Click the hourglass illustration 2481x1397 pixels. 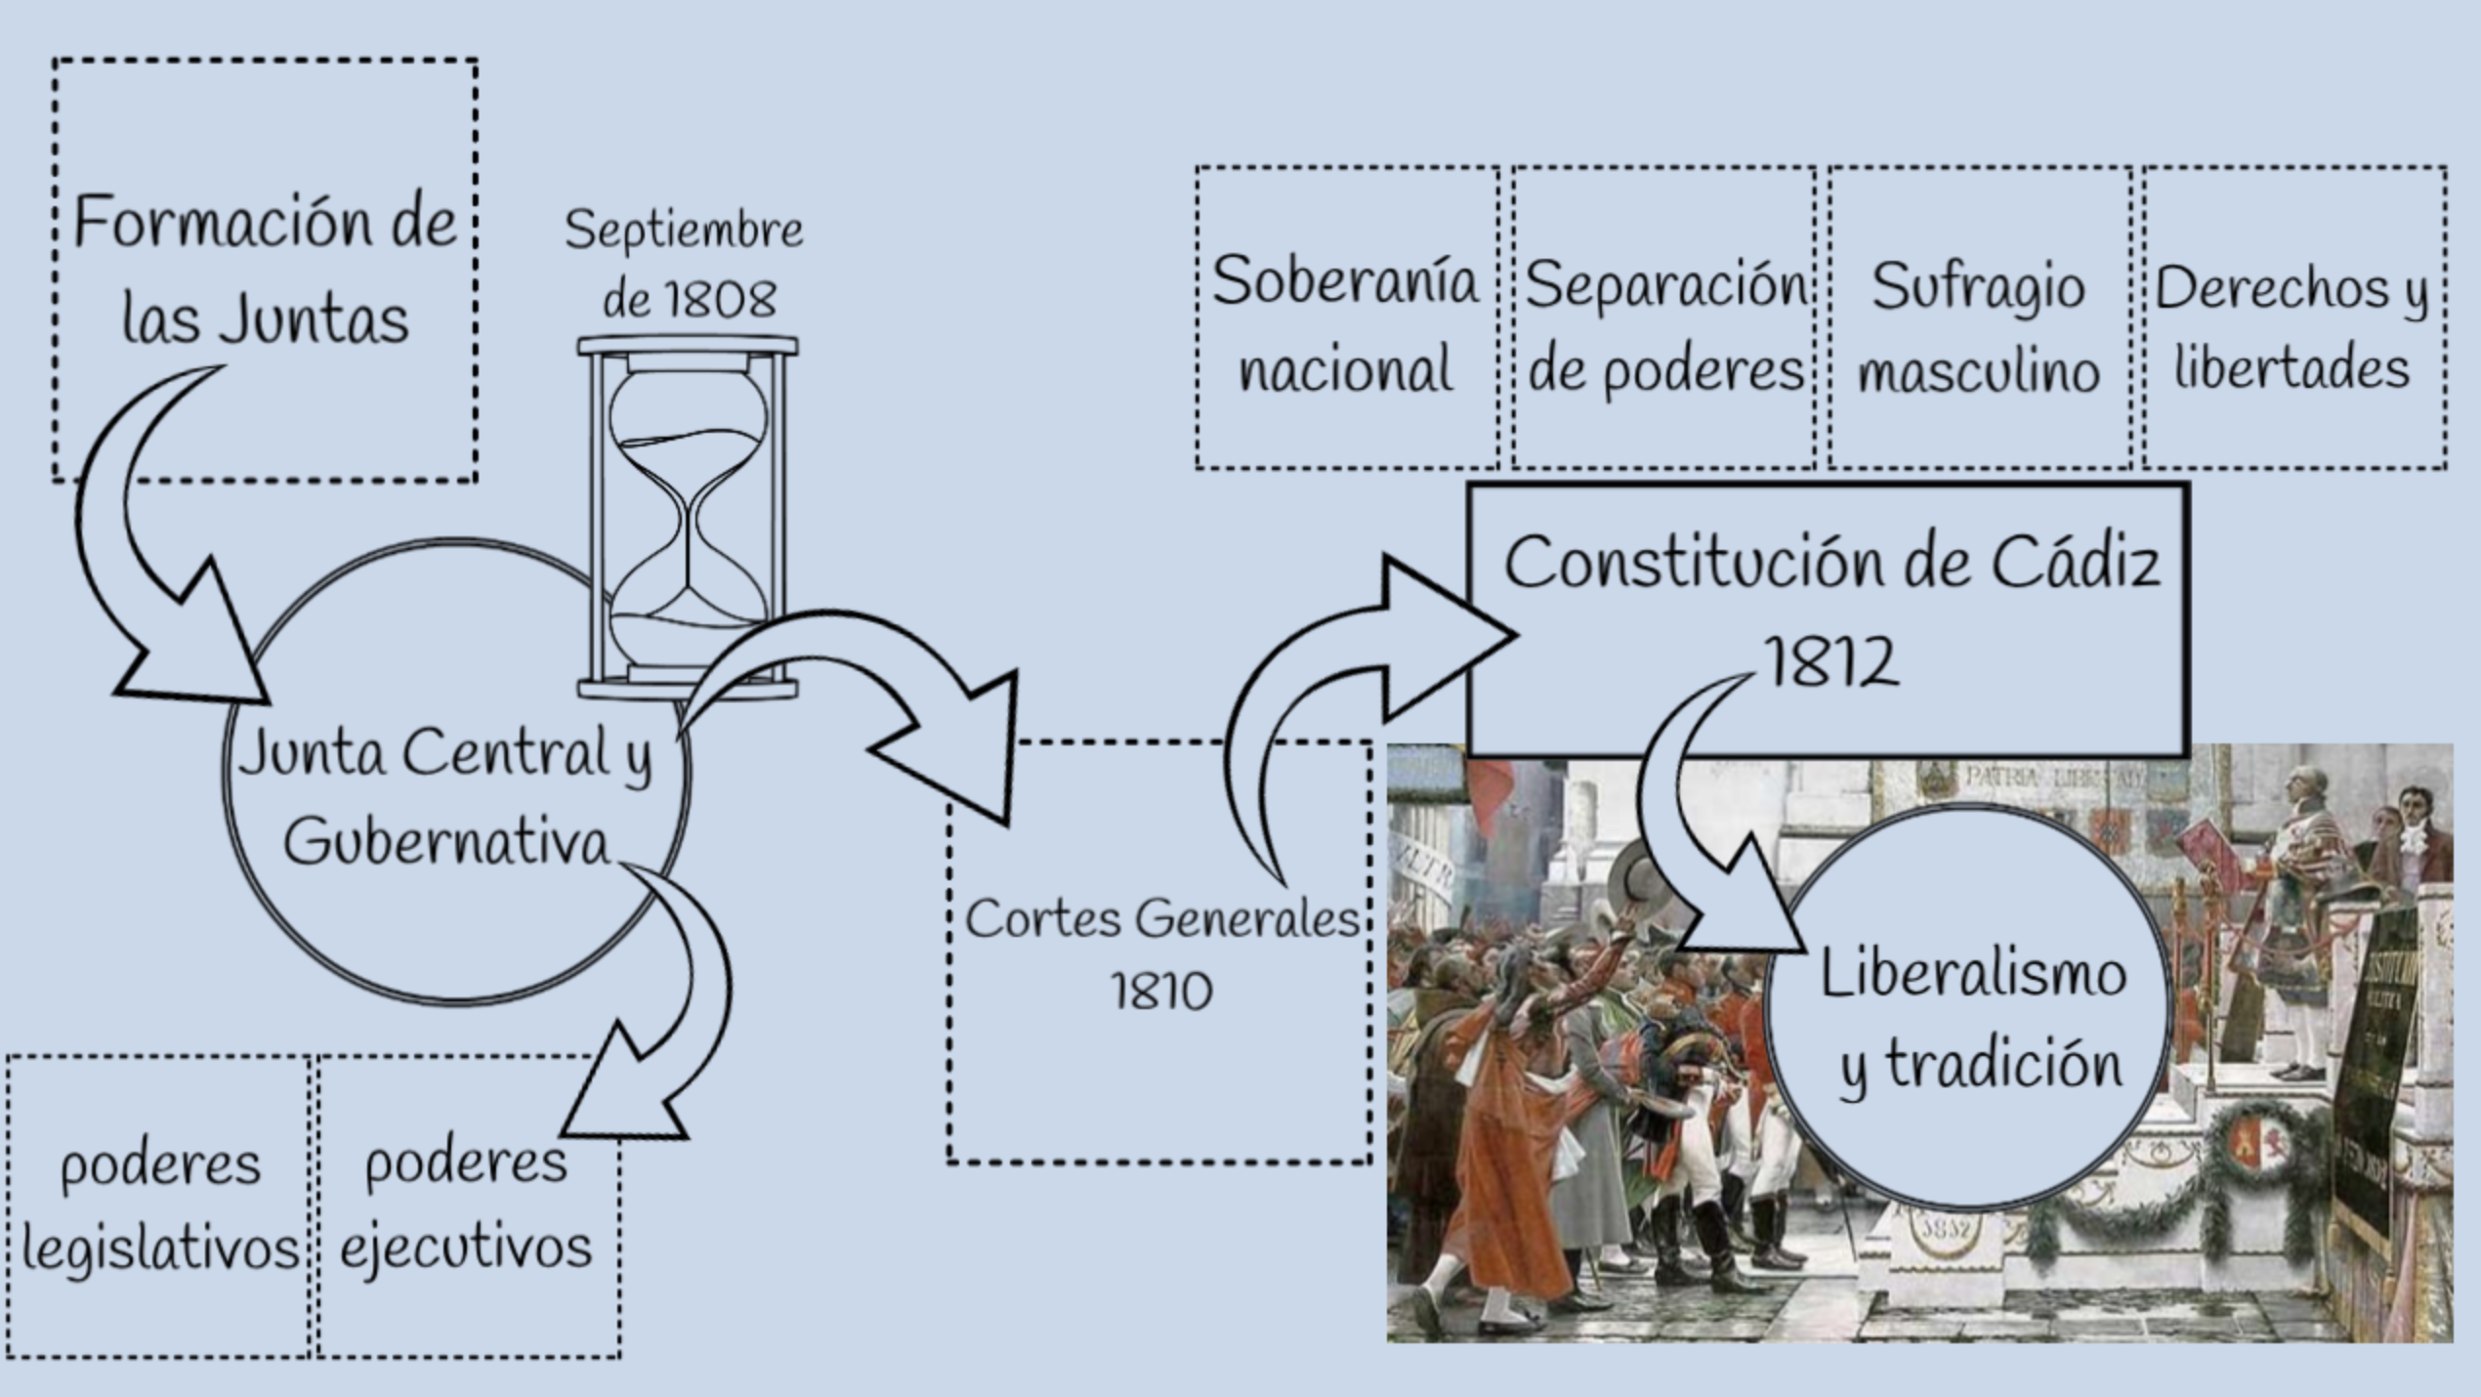[x=688, y=518]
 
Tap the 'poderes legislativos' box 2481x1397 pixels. [x=159, y=1206]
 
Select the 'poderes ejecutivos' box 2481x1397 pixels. [x=467, y=1206]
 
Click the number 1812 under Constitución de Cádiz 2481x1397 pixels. [x=1832, y=661]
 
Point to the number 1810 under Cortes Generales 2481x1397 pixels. [x=1160, y=992]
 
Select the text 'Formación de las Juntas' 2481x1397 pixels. [x=264, y=269]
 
